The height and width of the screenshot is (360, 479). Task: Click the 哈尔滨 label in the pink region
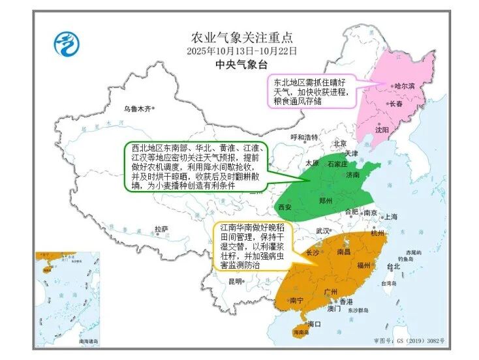(x=405, y=86)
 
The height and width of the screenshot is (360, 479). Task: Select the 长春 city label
(x=396, y=104)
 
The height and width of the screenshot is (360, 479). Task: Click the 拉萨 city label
(x=161, y=229)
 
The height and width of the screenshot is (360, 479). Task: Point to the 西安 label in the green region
(x=285, y=207)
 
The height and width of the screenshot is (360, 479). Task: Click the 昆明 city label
(x=236, y=281)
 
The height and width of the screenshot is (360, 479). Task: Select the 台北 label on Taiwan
(x=393, y=266)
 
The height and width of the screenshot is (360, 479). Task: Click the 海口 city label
(x=315, y=323)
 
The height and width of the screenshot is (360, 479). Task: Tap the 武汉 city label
(x=322, y=230)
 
